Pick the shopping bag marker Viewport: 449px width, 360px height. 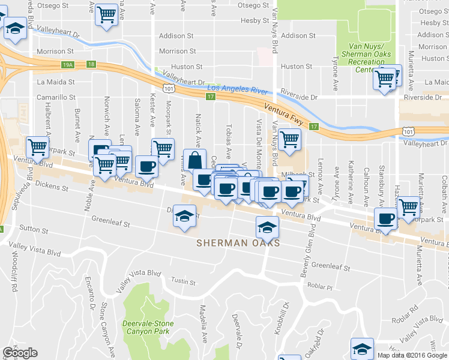(196, 160)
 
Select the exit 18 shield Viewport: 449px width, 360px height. (90, 64)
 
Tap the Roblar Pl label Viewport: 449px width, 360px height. (321, 287)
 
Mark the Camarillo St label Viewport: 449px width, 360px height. (56, 97)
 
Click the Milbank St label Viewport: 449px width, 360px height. (294, 175)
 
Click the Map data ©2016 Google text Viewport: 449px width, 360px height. (411, 355)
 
